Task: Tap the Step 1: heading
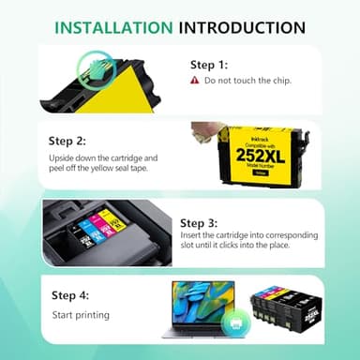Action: point(209,66)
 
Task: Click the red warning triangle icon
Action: point(195,81)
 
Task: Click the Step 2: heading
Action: point(68,142)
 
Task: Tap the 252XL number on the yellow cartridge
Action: point(249,151)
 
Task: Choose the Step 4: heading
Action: point(71,295)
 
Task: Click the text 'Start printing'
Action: point(80,315)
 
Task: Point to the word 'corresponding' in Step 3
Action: point(289,235)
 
